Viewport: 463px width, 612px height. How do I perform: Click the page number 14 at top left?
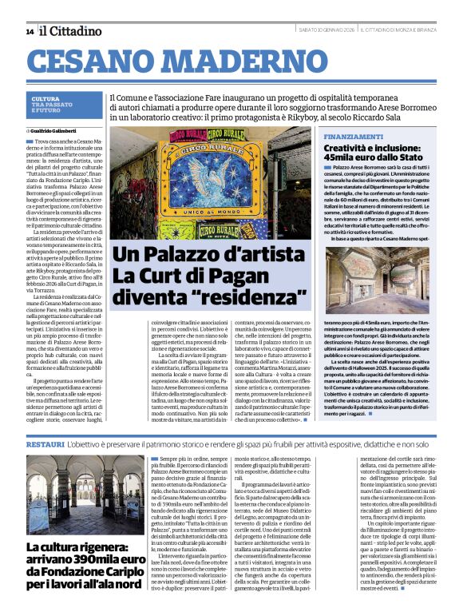pyautogui.click(x=30, y=31)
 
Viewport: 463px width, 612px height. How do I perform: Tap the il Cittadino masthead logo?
pyautogui.click(x=71, y=30)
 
